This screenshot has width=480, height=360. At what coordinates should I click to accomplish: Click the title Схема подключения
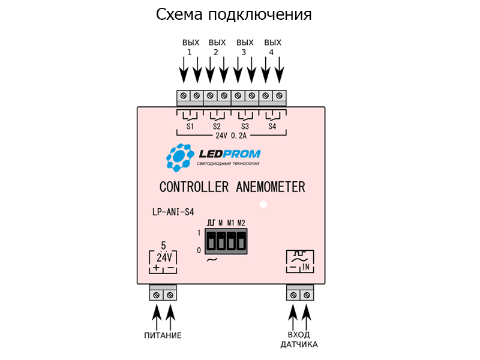(x=233, y=14)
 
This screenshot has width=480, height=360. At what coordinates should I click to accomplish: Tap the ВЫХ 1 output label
(x=190, y=47)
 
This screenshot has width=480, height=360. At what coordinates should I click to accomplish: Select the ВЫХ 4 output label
(x=272, y=47)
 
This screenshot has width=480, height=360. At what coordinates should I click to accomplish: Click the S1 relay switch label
(x=190, y=127)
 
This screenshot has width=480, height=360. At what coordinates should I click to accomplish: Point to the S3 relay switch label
(x=245, y=127)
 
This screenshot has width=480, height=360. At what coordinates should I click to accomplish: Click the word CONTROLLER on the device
(x=194, y=187)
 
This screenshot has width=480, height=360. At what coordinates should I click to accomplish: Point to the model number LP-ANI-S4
(x=173, y=212)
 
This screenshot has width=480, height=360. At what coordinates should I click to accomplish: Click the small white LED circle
(x=263, y=205)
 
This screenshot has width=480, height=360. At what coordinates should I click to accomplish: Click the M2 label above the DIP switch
(x=241, y=223)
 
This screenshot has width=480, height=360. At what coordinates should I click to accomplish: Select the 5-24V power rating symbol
(x=163, y=257)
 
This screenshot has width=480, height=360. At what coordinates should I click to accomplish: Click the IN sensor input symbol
(x=299, y=261)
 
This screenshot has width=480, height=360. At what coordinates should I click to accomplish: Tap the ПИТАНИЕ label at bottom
(x=163, y=335)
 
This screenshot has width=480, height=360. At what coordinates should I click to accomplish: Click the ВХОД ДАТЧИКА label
(x=299, y=340)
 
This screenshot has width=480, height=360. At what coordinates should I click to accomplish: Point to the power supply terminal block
(x=163, y=294)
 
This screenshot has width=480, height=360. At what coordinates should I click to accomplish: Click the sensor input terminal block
(x=299, y=294)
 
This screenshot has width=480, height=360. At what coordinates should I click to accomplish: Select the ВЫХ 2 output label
(x=217, y=47)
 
